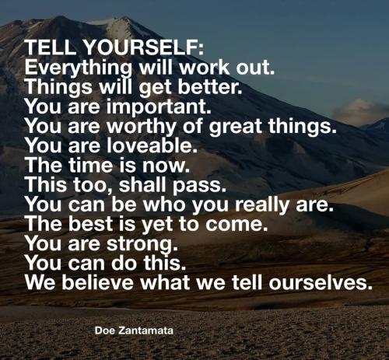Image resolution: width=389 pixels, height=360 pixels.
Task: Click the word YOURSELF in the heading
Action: coord(144,47)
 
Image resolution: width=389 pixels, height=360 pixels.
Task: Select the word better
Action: coord(210,86)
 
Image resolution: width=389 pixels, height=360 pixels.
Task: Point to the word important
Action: coord(159,107)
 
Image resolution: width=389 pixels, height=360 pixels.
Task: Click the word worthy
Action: coord(142,127)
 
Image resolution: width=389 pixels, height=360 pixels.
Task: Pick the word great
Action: coord(236,127)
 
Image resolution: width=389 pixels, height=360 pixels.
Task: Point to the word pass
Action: coord(199,186)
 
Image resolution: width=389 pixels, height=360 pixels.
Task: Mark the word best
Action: coord(90,223)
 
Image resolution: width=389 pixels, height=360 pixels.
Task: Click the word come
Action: coord(237,225)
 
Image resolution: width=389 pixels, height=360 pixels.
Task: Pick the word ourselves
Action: coord(319,282)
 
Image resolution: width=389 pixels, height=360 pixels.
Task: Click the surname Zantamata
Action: coord(145,330)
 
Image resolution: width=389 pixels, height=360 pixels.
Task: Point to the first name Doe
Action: coord(105,330)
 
